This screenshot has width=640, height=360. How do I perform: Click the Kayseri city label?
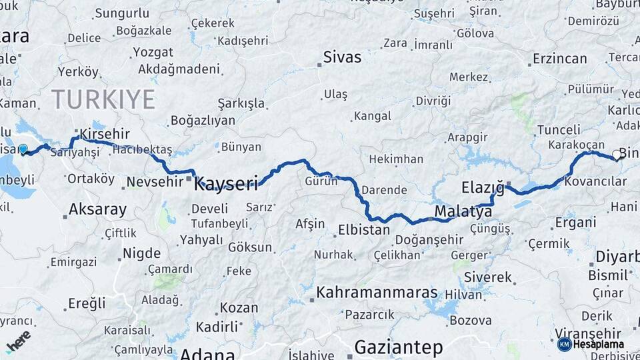point(225,183)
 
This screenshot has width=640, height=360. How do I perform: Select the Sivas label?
point(342,57)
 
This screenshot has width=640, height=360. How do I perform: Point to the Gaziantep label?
point(399,347)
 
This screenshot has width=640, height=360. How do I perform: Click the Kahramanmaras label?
point(377,293)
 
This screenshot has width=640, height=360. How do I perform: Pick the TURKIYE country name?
point(103,99)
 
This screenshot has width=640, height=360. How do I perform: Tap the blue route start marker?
point(23,149)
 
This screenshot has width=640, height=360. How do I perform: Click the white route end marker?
point(616,155)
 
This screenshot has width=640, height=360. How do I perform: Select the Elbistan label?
point(364,230)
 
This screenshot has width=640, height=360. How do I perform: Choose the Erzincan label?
point(559,59)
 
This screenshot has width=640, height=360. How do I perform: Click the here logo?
point(19,341)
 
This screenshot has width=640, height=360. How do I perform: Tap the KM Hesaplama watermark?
point(591,344)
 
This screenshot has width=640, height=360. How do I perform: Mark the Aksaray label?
point(97,209)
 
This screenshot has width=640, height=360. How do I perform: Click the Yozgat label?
point(153,52)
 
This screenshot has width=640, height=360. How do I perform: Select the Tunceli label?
point(559,129)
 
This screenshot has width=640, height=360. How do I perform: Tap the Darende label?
point(384,190)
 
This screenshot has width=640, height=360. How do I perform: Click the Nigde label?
point(141,253)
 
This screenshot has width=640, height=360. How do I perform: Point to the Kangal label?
point(372,116)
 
